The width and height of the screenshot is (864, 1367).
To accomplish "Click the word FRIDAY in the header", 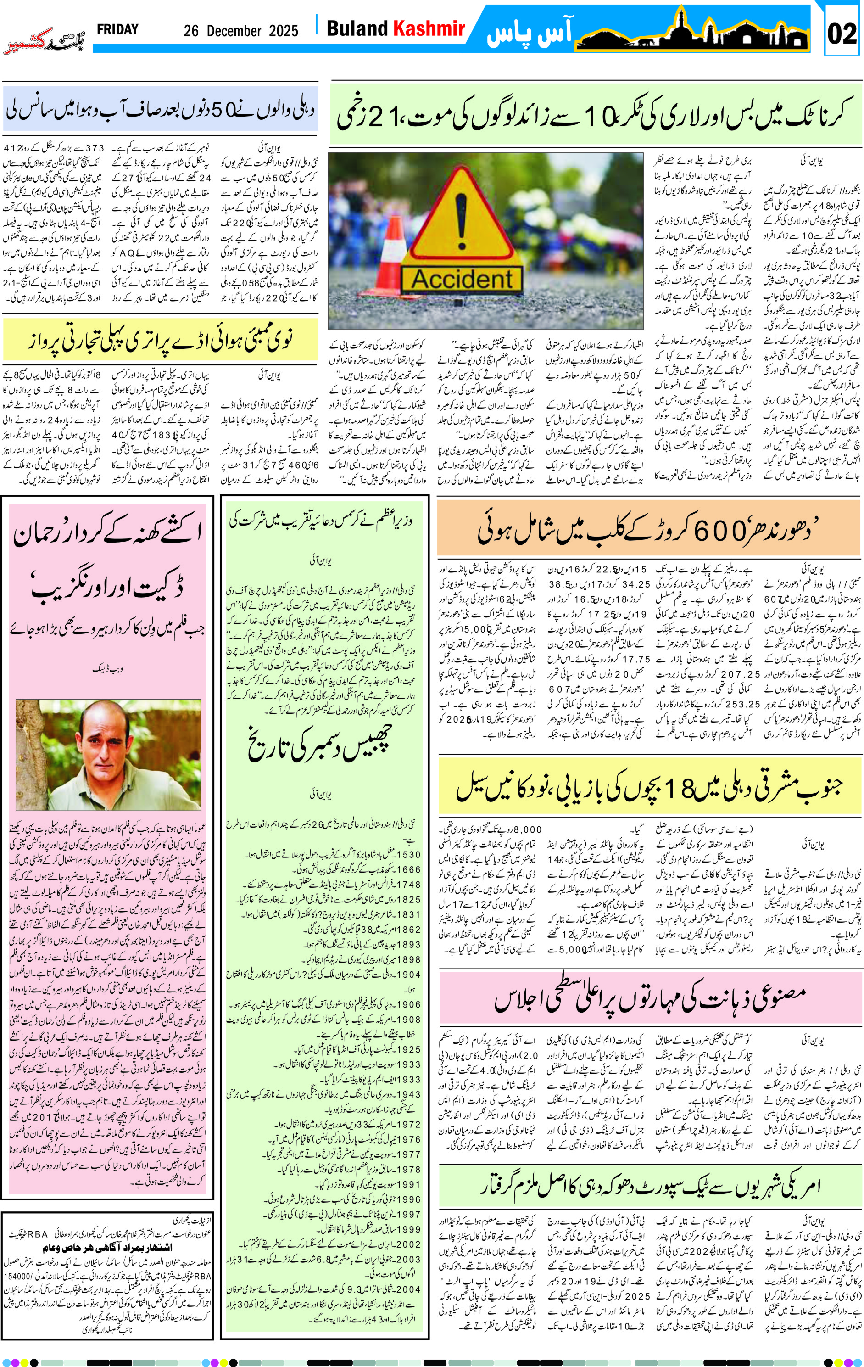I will (x=117, y=29).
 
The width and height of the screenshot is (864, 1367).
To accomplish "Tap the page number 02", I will (x=842, y=34).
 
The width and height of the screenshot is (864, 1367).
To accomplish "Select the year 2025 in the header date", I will (x=283, y=31).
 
